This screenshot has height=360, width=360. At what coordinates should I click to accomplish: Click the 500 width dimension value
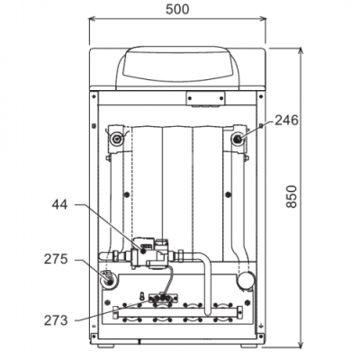pyautogui.click(x=177, y=9)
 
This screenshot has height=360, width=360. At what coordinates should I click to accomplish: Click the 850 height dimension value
pyautogui.click(x=292, y=196)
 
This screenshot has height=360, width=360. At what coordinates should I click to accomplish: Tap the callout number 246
pyautogui.click(x=287, y=121)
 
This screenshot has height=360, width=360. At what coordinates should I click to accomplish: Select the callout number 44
pyautogui.click(x=59, y=204)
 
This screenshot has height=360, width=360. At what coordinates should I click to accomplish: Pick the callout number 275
pyautogui.click(x=56, y=259)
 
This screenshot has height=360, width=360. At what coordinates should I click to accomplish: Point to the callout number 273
pyautogui.click(x=56, y=320)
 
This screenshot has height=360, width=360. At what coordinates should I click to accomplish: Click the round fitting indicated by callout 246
pyautogui.click(x=238, y=139)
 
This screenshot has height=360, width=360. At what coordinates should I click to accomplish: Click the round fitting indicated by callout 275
pyautogui.click(x=108, y=281)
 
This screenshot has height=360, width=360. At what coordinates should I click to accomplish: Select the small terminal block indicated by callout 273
pyautogui.click(x=163, y=298)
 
